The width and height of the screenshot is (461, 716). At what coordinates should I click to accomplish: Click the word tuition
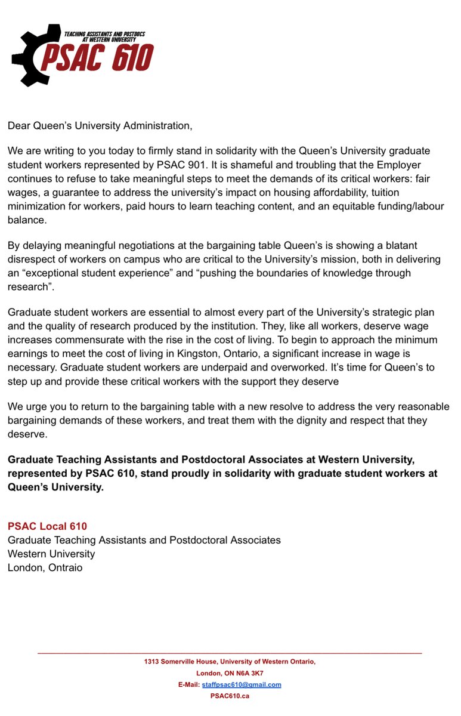tap(386, 193)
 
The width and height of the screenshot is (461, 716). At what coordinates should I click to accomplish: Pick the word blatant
tap(401, 245)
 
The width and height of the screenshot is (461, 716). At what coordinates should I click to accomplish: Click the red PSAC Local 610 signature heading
tap(47, 526)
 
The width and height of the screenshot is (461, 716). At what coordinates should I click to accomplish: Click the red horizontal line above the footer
tap(230, 653)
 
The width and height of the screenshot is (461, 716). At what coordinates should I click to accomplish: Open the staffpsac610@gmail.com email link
tap(242, 684)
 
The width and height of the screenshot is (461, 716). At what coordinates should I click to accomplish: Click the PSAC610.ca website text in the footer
tap(230, 696)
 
